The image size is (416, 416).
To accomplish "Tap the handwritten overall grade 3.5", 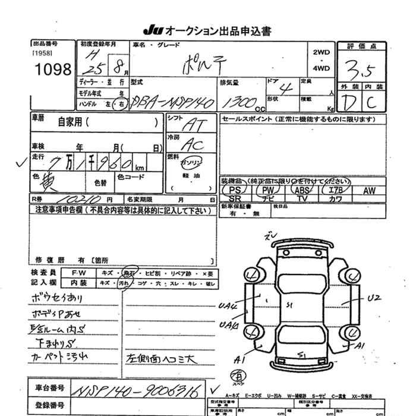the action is click(360, 72).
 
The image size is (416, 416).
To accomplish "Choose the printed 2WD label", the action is click(322, 52).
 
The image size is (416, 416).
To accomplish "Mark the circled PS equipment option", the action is click(235, 190).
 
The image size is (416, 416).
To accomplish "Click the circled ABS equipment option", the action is click(302, 190).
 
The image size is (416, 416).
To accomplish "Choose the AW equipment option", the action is click(369, 190).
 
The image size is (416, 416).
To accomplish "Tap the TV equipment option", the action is click(302, 198).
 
